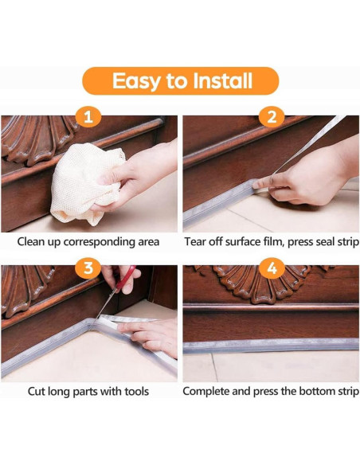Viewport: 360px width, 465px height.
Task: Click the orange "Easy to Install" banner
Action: (180, 81)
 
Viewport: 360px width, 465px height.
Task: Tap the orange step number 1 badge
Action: (88, 117)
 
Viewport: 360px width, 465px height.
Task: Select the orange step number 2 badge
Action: (272, 117)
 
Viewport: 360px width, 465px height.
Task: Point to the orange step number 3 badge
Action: (88, 268)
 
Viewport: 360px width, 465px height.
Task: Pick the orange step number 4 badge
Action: (272, 268)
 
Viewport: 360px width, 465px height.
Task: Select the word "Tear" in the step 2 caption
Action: (194, 242)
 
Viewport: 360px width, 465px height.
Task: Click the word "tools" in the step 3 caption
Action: (137, 392)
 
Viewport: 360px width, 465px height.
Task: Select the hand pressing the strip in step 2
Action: (305, 178)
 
